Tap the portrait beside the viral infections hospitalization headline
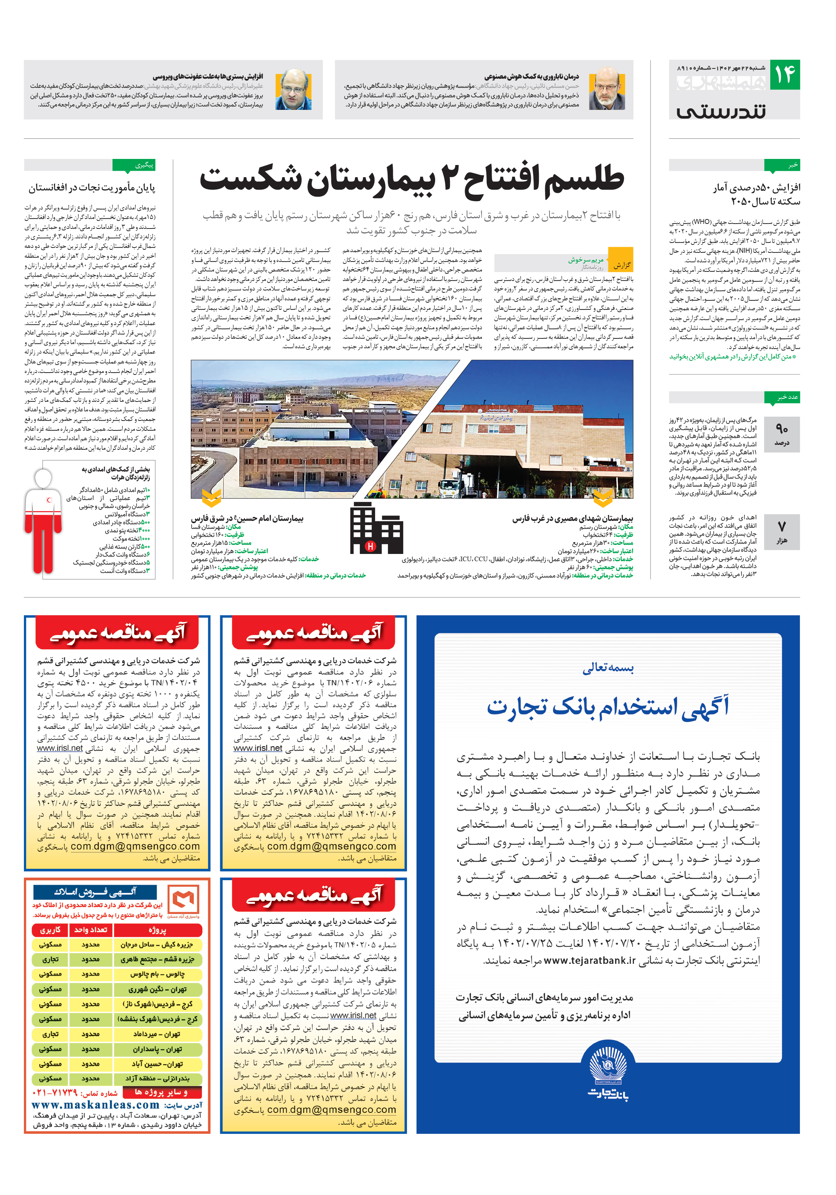(293, 89)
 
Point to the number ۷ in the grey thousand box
(781, 526)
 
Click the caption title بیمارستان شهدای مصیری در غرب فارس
(572, 518)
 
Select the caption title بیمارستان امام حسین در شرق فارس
(247, 518)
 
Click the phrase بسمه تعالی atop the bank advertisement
(607, 668)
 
